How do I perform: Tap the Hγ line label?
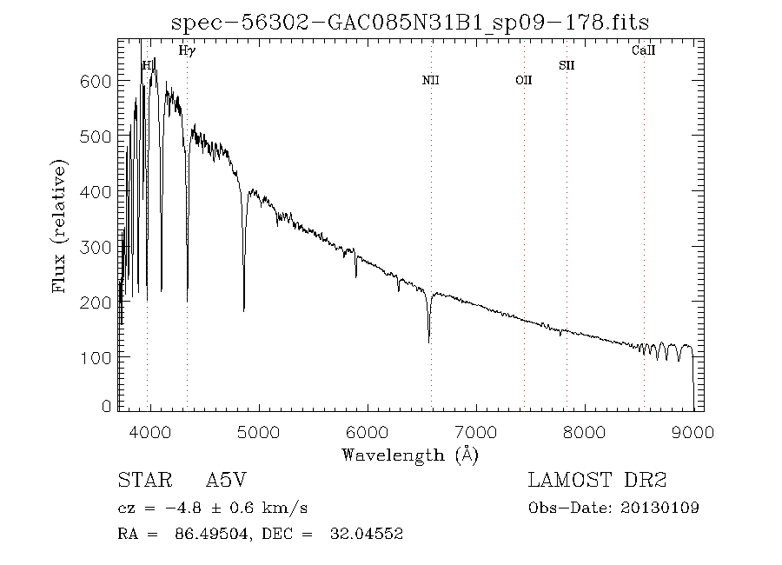(x=187, y=51)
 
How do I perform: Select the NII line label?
(x=431, y=81)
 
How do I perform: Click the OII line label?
(x=523, y=81)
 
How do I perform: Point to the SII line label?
(x=567, y=65)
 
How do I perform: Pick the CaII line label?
(x=643, y=51)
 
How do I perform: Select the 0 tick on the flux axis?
(x=107, y=406)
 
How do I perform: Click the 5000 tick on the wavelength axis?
(x=258, y=430)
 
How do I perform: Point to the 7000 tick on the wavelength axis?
(x=475, y=430)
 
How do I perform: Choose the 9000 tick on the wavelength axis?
(x=693, y=430)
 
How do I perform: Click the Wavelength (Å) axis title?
(x=410, y=455)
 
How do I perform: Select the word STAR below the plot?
(x=141, y=481)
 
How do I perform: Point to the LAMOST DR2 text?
(x=597, y=481)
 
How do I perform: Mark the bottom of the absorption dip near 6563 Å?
(x=429, y=342)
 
